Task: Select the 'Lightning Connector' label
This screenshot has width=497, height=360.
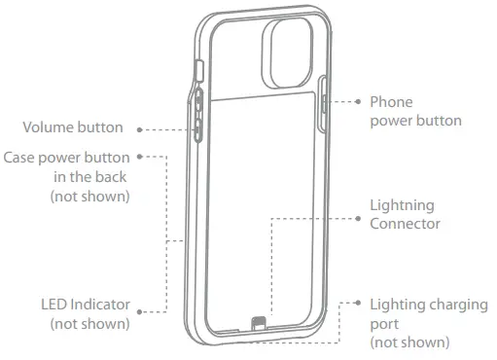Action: point(406,215)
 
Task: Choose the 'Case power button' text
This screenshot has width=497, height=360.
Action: point(67,157)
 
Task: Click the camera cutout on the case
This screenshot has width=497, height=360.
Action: point(288,54)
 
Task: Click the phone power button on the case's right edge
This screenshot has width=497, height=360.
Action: point(324,100)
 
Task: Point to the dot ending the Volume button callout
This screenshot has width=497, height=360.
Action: point(141,127)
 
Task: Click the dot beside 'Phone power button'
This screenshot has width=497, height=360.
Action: point(358,101)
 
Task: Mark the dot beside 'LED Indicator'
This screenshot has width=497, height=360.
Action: point(141,312)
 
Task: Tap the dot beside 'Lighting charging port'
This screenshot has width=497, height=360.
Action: point(358,305)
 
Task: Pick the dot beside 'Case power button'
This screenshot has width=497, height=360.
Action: point(141,157)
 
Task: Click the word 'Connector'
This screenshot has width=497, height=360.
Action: point(406,225)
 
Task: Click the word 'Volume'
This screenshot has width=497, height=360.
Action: point(46,127)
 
